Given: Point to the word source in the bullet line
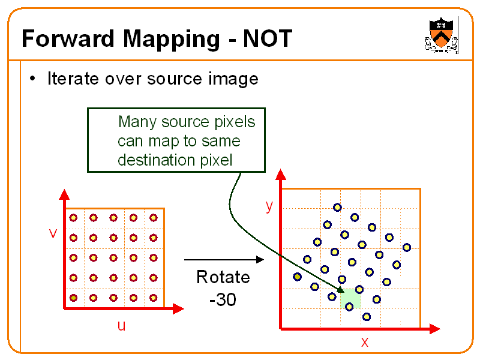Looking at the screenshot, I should [173, 79].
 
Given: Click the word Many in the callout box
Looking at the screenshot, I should [136, 122].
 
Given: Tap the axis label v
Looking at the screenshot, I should [53, 233].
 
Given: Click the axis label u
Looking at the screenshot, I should [121, 326].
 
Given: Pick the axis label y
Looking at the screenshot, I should [269, 206].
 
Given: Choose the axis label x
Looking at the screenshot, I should [364, 342].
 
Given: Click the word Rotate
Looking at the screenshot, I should [223, 277].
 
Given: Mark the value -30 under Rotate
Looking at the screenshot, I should [223, 298].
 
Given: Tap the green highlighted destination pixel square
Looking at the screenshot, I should [350, 299].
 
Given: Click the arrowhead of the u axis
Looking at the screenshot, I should [178, 308].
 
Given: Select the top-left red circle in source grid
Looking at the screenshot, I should [73, 218].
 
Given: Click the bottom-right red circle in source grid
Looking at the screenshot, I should [154, 298].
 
